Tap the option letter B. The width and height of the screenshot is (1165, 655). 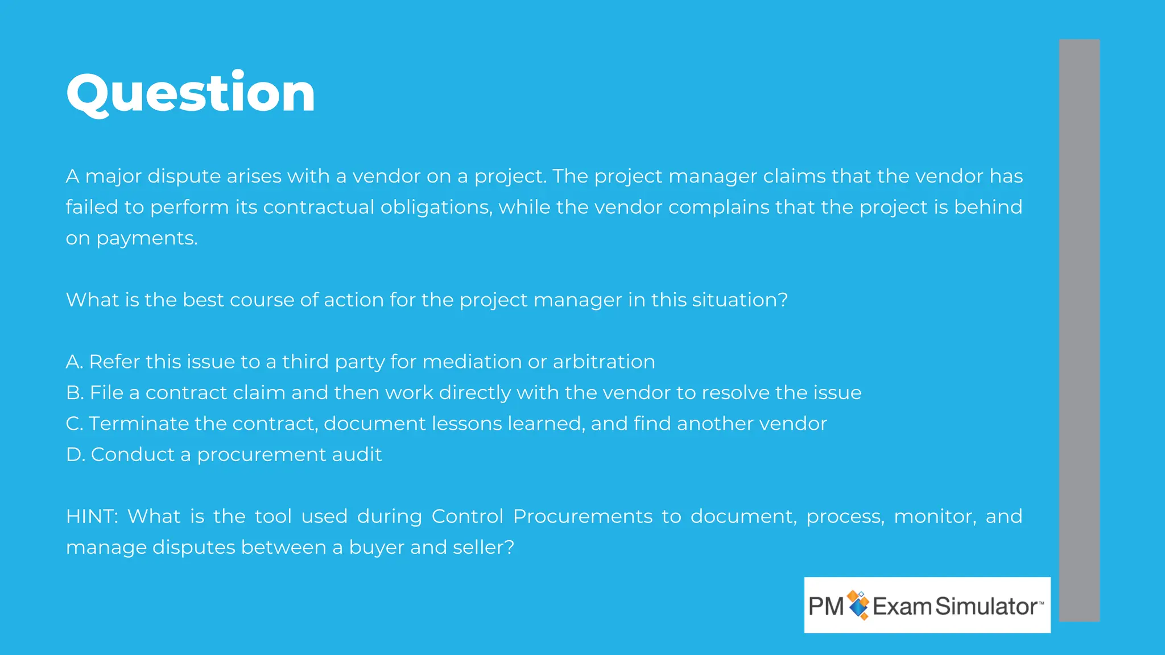pyautogui.click(x=74, y=393)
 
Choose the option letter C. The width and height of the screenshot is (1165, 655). pyautogui.click(x=74, y=424)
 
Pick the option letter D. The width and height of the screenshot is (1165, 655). pyautogui.click(x=75, y=455)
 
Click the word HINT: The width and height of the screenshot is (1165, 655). pyautogui.click(x=92, y=516)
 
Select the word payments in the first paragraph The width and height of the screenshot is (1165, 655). pyautogui.click(x=146, y=239)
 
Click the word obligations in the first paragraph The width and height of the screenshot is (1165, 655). pyautogui.click(x=436, y=208)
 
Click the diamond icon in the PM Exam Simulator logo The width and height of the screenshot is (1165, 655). pyautogui.click(x=858, y=605)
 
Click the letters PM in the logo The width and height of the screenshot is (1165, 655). pyautogui.click(x=826, y=607)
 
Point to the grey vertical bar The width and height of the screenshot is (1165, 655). pyautogui.click(x=1079, y=330)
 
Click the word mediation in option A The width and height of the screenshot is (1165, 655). pyautogui.click(x=472, y=362)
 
